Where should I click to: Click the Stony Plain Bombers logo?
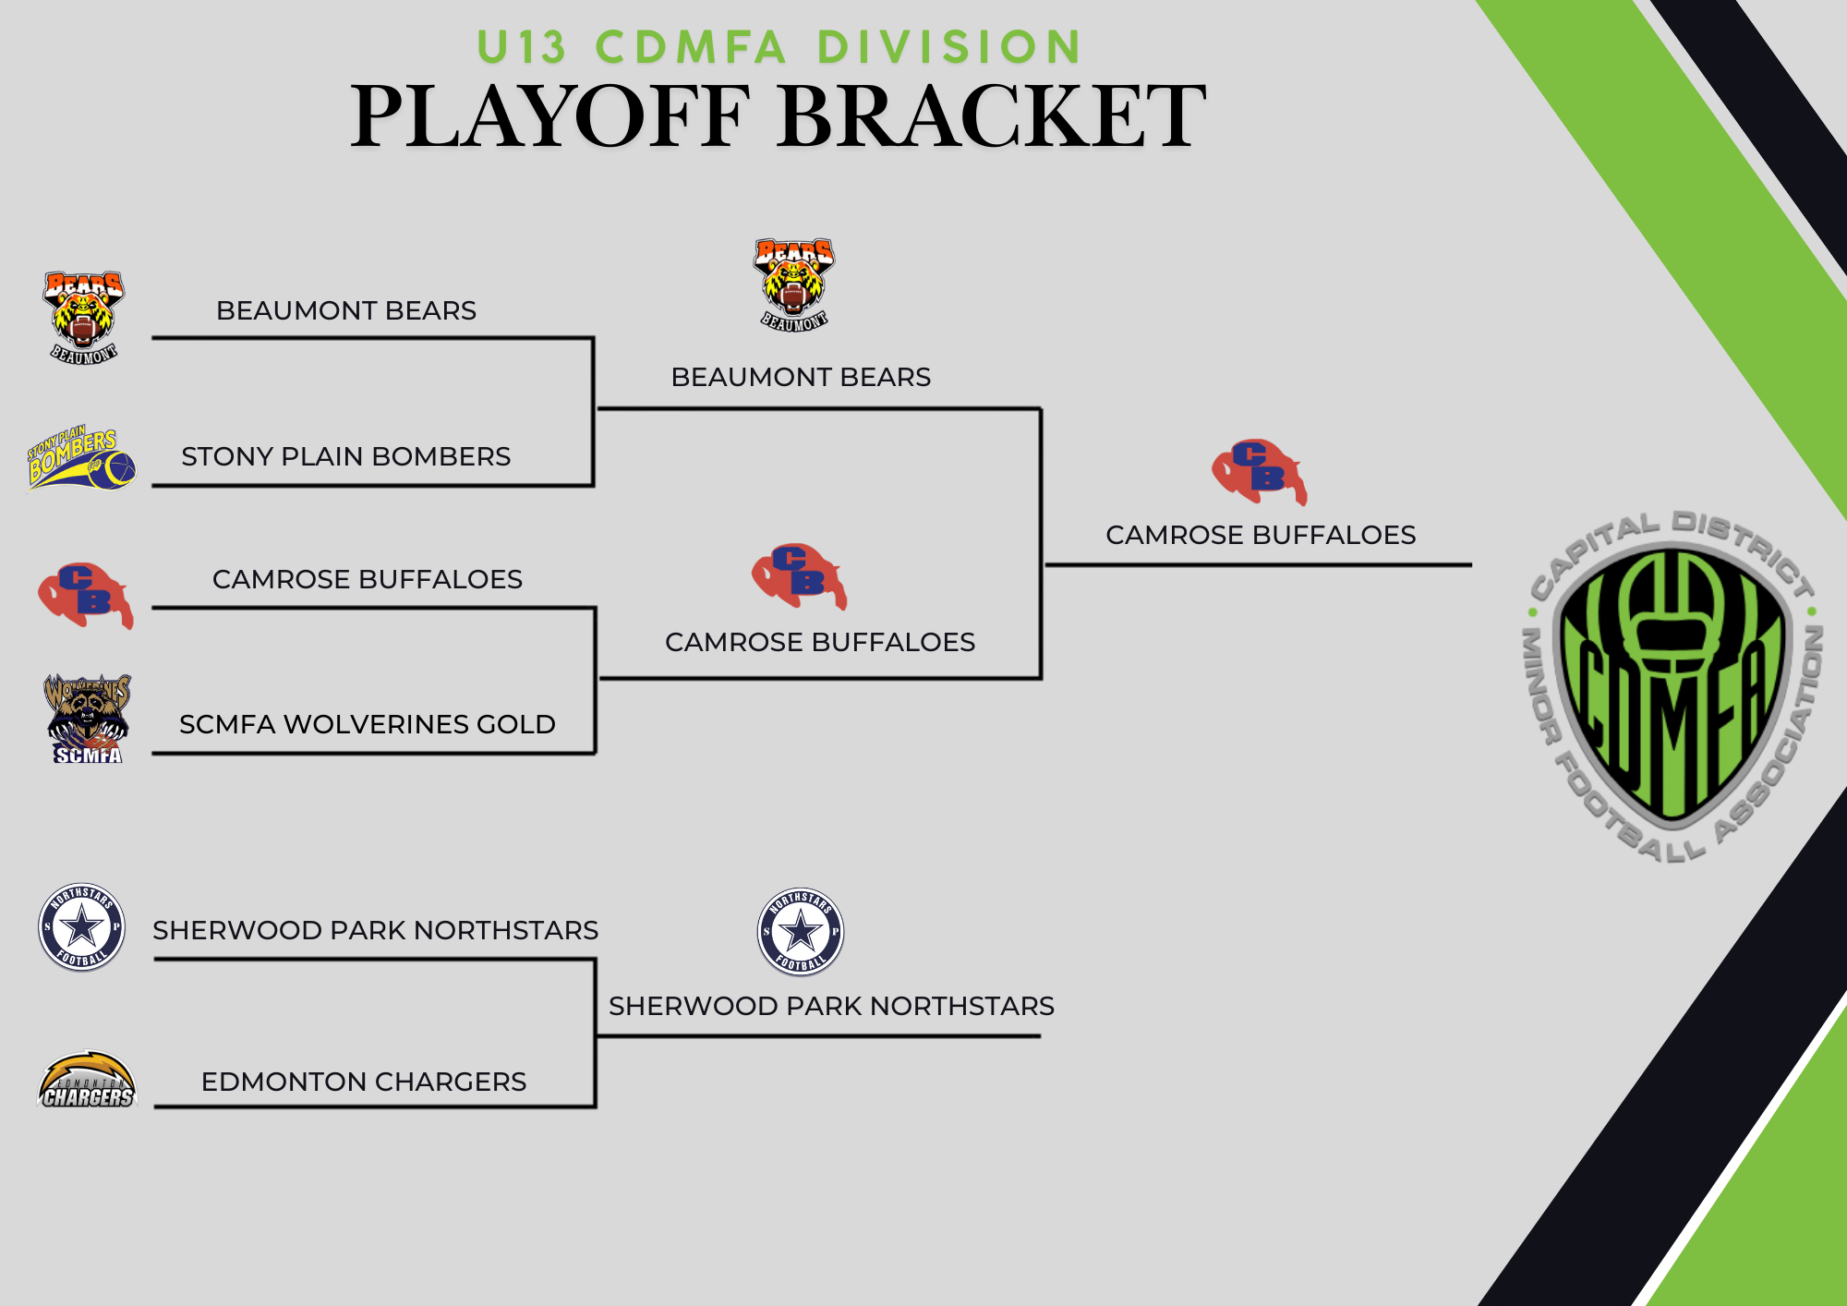(x=81, y=458)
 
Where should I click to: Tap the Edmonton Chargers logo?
(x=87, y=1080)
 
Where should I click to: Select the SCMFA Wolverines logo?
(x=88, y=718)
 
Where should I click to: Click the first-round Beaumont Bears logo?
(x=83, y=317)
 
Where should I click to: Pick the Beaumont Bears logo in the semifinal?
(x=794, y=284)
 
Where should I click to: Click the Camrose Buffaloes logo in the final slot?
(x=1259, y=471)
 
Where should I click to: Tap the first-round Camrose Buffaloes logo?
(x=85, y=595)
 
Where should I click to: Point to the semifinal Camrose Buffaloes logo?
(x=799, y=576)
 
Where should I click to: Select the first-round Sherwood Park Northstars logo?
(x=82, y=926)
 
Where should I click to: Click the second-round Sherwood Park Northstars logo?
(x=801, y=932)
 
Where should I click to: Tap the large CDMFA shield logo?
(x=1672, y=686)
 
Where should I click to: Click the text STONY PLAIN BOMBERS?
(x=345, y=456)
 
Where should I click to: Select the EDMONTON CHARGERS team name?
(x=364, y=1082)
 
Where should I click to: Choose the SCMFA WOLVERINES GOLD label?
(x=368, y=724)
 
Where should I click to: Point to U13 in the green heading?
(x=521, y=47)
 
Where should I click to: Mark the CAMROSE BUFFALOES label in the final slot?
(x=1261, y=535)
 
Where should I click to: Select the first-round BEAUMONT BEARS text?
(x=346, y=310)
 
